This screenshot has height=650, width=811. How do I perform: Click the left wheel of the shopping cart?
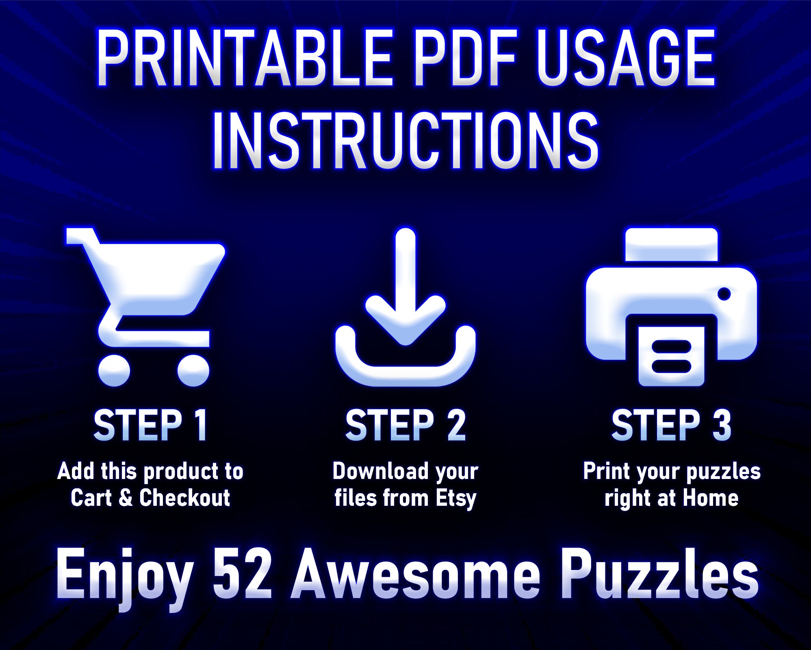114,370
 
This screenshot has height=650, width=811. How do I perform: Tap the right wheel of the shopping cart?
193,370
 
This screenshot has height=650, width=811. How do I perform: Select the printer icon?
671,307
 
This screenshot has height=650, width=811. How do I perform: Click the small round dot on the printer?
724,294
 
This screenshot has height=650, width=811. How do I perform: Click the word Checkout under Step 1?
184,498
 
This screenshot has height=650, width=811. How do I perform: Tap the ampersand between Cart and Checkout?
125,498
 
